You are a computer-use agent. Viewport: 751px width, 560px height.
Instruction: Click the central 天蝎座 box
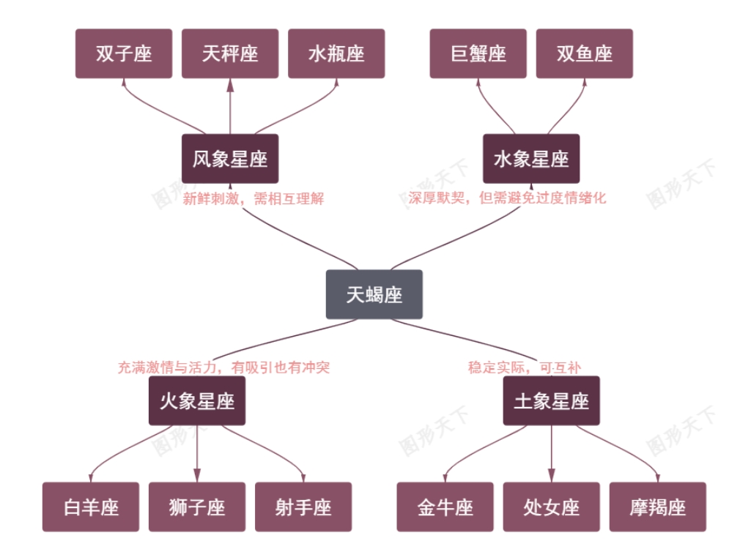pyautogui.click(x=374, y=294)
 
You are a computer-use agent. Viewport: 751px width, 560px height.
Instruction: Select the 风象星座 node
pyautogui.click(x=230, y=158)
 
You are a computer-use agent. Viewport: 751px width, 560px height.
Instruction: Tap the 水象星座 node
pyautogui.click(x=531, y=158)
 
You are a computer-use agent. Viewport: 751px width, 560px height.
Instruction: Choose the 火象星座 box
pyautogui.click(x=197, y=400)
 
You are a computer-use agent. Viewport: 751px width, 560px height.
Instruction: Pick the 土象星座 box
pyautogui.click(x=551, y=400)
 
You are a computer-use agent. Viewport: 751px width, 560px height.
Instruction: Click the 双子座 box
pyautogui.click(x=124, y=53)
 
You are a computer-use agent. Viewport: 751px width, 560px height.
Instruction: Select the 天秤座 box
pyautogui.click(x=230, y=53)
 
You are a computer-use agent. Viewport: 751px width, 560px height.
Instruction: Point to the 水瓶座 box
pyautogui.click(x=336, y=53)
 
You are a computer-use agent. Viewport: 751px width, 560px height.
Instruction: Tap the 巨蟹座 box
pyautogui.click(x=478, y=53)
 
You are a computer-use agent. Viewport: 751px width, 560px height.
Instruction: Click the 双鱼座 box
pyautogui.click(x=584, y=53)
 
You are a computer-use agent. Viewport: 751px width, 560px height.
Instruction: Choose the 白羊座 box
pyautogui.click(x=91, y=507)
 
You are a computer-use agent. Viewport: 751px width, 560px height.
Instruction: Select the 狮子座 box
pyautogui.click(x=197, y=507)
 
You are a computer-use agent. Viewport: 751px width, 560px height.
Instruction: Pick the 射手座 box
pyautogui.click(x=303, y=507)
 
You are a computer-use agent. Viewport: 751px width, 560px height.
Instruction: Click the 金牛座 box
pyautogui.click(x=445, y=507)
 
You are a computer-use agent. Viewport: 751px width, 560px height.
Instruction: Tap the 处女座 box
pyautogui.click(x=551, y=507)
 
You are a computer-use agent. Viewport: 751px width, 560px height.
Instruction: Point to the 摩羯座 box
pyautogui.click(x=657, y=507)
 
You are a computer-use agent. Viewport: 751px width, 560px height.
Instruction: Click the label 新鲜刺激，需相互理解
pyautogui.click(x=253, y=198)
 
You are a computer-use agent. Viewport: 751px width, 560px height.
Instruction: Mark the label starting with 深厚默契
pyautogui.click(x=508, y=198)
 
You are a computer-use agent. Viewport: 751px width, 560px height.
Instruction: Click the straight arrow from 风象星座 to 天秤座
pyautogui.click(x=230, y=107)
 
